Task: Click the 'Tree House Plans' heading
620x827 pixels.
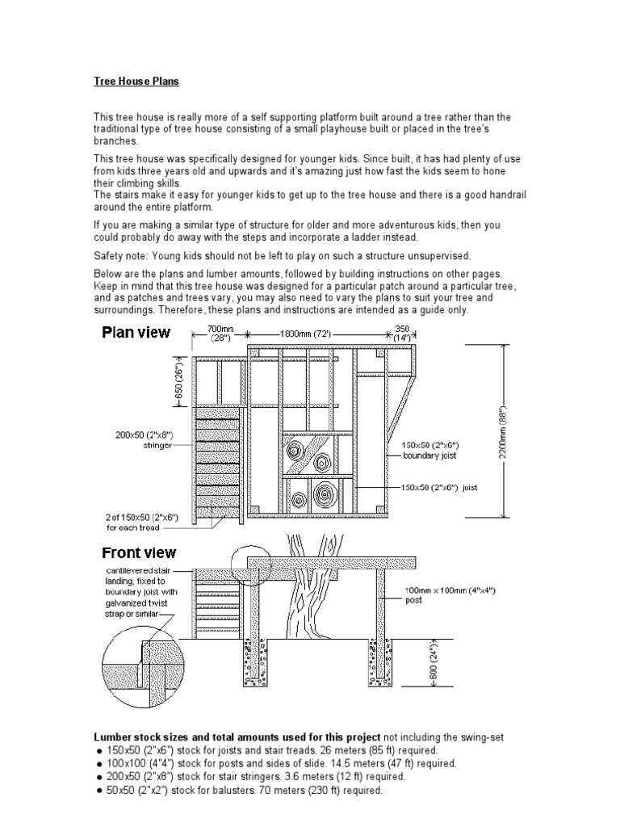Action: coord(136,82)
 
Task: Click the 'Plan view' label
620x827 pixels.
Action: coord(136,332)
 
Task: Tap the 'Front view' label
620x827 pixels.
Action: coord(139,553)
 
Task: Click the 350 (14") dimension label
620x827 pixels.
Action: coord(401,334)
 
